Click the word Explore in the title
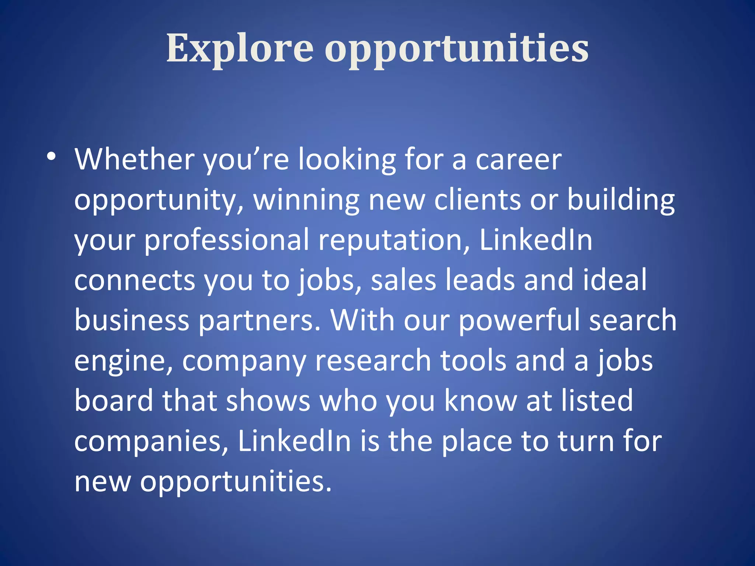point(240,48)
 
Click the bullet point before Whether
point(51,157)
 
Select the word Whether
point(135,159)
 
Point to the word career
point(518,160)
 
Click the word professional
point(226,240)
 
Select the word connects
point(135,280)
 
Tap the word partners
point(260,321)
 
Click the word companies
point(151,441)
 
